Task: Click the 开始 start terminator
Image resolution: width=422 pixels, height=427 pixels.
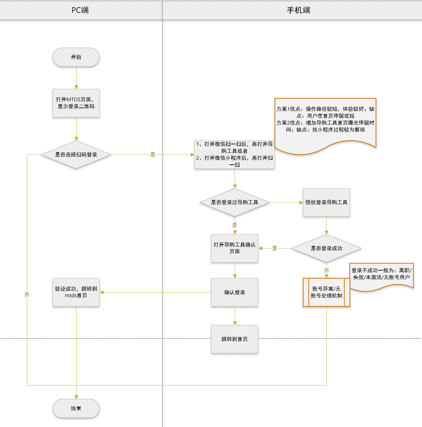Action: tap(76, 57)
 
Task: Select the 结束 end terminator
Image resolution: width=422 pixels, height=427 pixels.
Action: tap(76, 408)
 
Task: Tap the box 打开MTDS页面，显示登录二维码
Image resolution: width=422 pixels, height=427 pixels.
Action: tap(76, 103)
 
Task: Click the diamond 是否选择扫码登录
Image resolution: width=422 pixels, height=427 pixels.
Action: tap(76, 154)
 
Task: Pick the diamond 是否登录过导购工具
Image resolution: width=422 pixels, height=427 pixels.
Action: tap(234, 202)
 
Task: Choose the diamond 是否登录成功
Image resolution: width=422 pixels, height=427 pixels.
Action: tap(326, 248)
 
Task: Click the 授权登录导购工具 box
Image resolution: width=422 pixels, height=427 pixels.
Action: tap(326, 202)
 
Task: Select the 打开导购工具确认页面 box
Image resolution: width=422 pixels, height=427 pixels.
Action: tap(234, 248)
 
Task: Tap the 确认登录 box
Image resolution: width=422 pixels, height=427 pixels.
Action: tap(234, 292)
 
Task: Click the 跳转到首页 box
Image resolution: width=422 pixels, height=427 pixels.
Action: tap(234, 339)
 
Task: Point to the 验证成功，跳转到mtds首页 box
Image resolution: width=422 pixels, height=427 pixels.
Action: tap(76, 292)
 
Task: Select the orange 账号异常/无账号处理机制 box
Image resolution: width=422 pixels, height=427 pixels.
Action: tap(326, 292)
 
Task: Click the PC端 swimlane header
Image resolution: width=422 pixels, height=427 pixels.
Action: tap(80, 10)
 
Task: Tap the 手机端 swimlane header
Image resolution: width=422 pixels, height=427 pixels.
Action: tap(299, 10)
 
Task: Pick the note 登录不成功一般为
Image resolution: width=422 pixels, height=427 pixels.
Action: tap(381, 274)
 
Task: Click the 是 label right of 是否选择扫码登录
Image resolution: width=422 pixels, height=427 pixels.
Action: tap(153, 154)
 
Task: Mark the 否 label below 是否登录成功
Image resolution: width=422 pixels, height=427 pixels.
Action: tap(326, 270)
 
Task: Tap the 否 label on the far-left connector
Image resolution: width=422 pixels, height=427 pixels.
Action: tap(27, 295)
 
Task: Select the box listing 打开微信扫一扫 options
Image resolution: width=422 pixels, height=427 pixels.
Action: tap(234, 154)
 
